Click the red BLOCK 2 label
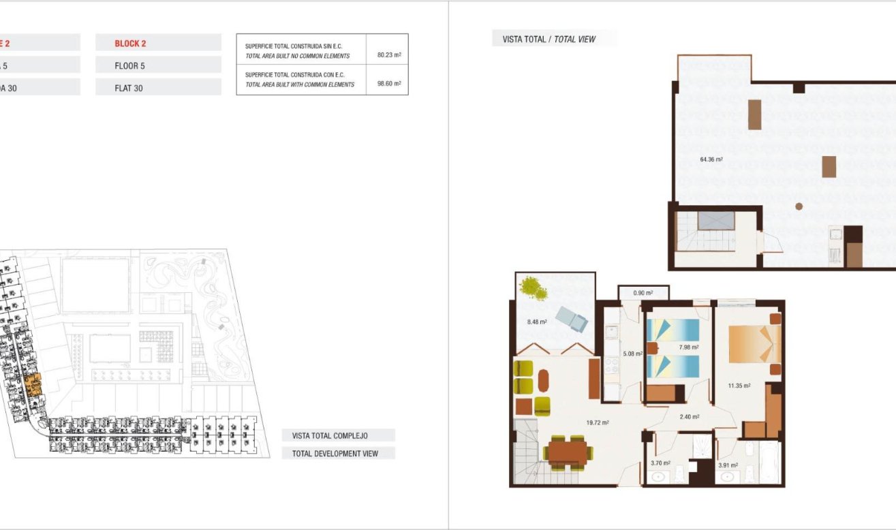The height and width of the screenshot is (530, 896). [x=130, y=44]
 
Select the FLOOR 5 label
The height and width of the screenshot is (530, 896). [x=129, y=66]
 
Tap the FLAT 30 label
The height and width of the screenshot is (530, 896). [x=129, y=88]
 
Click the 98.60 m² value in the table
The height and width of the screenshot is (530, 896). [x=388, y=84]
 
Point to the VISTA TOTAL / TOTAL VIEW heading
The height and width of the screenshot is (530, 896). [x=549, y=40]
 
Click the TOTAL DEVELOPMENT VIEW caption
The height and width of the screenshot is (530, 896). [x=335, y=453]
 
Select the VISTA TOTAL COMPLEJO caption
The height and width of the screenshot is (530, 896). [x=330, y=435]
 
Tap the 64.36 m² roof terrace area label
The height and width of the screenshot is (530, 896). [x=711, y=160]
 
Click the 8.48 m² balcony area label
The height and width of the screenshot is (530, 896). [x=538, y=322]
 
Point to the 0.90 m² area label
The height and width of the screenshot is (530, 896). [x=643, y=293]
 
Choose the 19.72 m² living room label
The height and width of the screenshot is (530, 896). [x=597, y=422]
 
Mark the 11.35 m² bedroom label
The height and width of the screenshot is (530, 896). [x=739, y=386]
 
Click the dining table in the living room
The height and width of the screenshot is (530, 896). [x=567, y=451]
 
